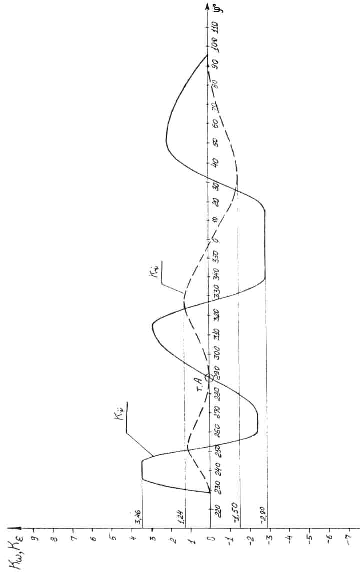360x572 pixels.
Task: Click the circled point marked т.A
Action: point(209,378)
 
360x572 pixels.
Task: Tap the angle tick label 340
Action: point(216,275)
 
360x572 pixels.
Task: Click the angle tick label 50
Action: point(216,142)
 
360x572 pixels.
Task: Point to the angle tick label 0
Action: point(216,239)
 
